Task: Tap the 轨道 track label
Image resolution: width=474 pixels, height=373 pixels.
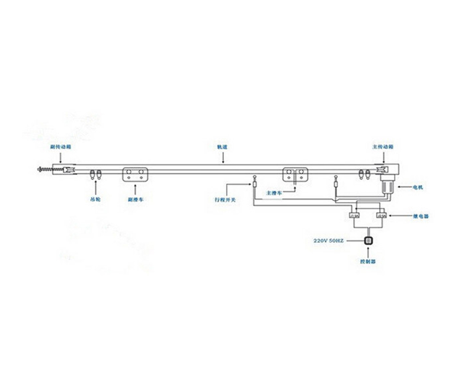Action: (x=223, y=146)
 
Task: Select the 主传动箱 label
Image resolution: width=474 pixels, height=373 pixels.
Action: (x=382, y=146)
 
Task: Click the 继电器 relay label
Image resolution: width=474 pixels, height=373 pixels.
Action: (x=421, y=216)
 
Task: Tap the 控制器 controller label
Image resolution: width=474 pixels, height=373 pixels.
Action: (x=369, y=261)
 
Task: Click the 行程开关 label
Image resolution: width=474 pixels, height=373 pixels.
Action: (x=225, y=200)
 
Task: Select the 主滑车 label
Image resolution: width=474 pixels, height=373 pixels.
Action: (x=274, y=193)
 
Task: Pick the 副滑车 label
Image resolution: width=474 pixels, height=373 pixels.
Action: (x=136, y=200)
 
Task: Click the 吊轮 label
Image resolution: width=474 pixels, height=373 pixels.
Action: (x=96, y=200)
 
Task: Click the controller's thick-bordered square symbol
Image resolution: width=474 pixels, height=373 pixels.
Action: (x=369, y=241)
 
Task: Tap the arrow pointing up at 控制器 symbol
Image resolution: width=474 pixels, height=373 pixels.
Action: (x=369, y=252)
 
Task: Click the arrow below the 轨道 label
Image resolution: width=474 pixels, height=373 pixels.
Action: (x=223, y=156)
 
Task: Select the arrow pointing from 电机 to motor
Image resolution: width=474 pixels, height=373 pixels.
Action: (x=406, y=187)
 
